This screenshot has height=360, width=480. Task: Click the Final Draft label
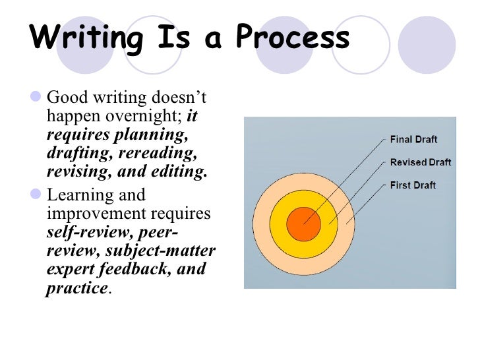[x=413, y=140]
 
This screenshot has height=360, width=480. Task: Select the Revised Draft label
[x=421, y=162]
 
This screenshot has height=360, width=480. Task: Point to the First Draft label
[x=413, y=185]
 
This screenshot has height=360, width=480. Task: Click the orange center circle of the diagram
[x=303, y=224]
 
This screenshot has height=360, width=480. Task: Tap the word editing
[x=178, y=172]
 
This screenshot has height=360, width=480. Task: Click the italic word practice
[x=76, y=288]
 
